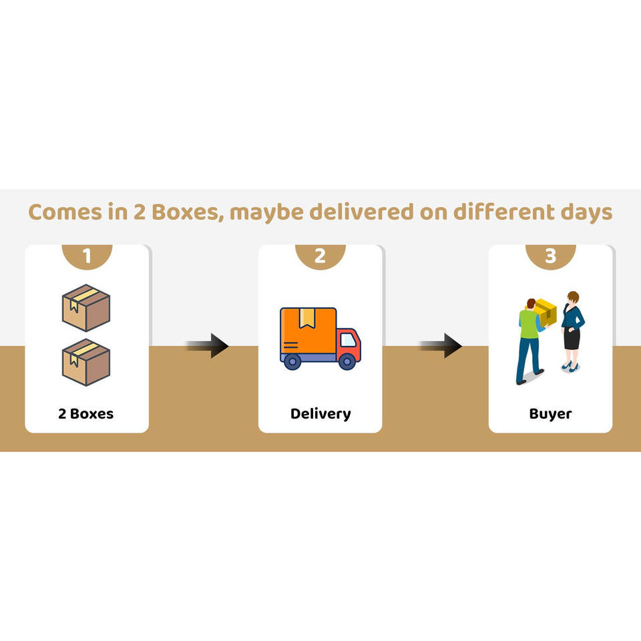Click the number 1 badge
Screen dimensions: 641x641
87,256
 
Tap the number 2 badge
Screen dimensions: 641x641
320,256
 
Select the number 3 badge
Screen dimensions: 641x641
550,256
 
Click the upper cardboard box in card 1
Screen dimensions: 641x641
86,308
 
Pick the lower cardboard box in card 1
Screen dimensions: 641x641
86,361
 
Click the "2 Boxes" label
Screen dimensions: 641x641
86,413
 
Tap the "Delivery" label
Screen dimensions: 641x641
320,413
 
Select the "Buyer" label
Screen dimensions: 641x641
550,413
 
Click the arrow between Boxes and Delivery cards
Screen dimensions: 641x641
208,345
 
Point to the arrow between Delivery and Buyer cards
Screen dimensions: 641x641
441,345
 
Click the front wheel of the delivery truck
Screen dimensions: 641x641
347,361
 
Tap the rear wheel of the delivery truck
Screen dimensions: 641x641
292,361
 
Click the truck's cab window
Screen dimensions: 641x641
348,340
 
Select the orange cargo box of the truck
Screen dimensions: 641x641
307,331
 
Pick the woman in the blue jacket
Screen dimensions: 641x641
572,331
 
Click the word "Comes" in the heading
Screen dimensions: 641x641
67,212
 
